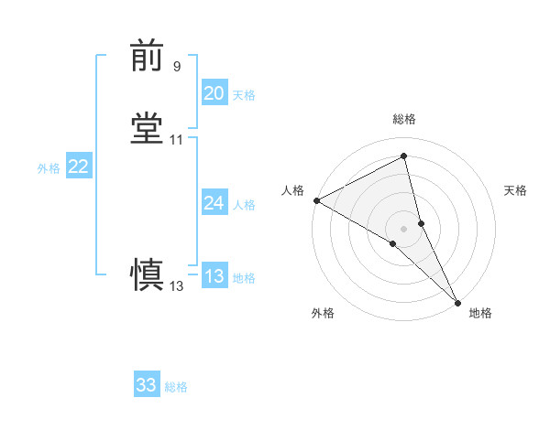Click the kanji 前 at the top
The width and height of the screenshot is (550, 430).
coord(148,57)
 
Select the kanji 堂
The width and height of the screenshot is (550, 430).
coord(148,129)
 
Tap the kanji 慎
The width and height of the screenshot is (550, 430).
coord(148,275)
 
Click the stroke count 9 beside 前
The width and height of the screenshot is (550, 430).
coord(176,66)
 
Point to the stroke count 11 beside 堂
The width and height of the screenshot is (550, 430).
coord(177,139)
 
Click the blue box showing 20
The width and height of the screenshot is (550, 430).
coord(214,92)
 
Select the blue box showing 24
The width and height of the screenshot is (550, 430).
coord(214,202)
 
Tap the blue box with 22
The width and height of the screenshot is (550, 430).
coord(79,167)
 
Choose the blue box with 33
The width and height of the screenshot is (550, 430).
coord(147,385)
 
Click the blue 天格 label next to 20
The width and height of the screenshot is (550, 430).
coord(244,94)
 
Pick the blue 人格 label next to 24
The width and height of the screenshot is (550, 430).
coord(244,205)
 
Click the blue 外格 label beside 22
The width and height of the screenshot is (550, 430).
coord(49,168)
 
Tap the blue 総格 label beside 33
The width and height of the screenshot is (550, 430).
coord(176,387)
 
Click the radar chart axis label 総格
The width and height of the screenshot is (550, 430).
coord(404,119)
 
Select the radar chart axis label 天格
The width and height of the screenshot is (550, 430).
coord(515,190)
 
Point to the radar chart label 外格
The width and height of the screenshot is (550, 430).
coord(323,313)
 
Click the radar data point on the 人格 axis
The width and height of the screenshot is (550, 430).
coord(316,199)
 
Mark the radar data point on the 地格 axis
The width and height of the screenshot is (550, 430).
coord(457,301)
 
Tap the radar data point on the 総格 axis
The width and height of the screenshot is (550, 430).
coord(404,157)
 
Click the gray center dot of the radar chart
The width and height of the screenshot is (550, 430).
coord(404,228)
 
